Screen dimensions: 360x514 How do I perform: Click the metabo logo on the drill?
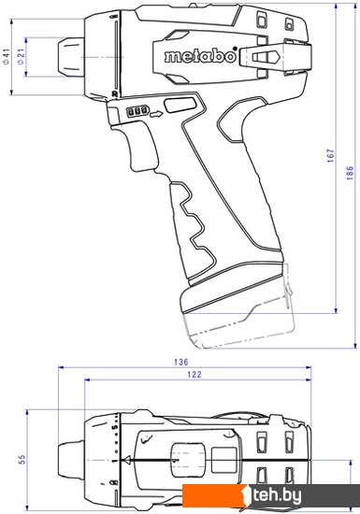coord(201,56)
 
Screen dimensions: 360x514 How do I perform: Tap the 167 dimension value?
coord(330,155)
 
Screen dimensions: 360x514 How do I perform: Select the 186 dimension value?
coord(350,173)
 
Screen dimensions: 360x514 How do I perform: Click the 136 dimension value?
coord(181,363)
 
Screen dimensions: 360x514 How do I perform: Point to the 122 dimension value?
coord(194,375)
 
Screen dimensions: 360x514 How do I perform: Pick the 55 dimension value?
coord(22,460)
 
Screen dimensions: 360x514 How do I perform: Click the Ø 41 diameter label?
coord(7,57)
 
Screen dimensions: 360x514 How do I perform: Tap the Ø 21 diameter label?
coord(21,57)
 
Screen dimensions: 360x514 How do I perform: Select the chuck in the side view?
coord(71,56)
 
